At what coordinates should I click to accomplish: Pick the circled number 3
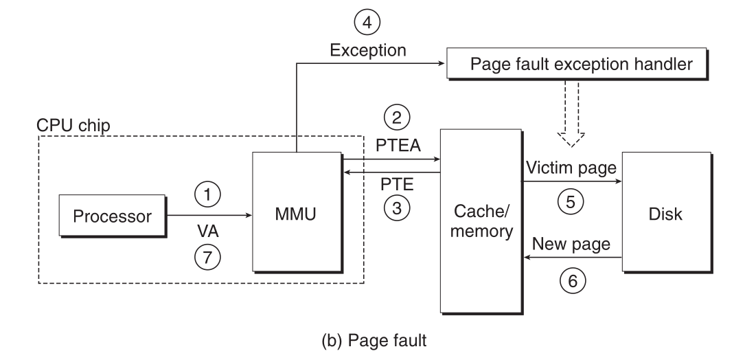[x=395, y=209]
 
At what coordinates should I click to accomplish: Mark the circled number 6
[x=571, y=281]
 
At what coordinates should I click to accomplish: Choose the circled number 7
[x=209, y=256]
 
